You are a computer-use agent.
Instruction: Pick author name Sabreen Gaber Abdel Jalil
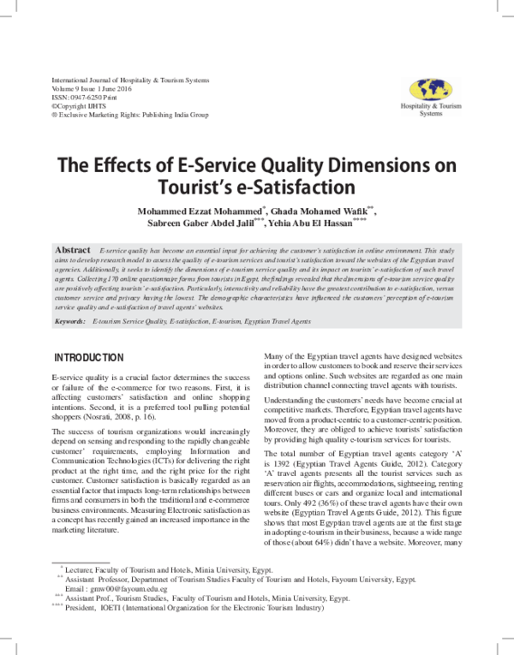coord(204,226)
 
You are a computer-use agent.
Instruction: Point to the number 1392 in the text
coord(279,463)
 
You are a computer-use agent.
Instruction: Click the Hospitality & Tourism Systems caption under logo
coord(431,110)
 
